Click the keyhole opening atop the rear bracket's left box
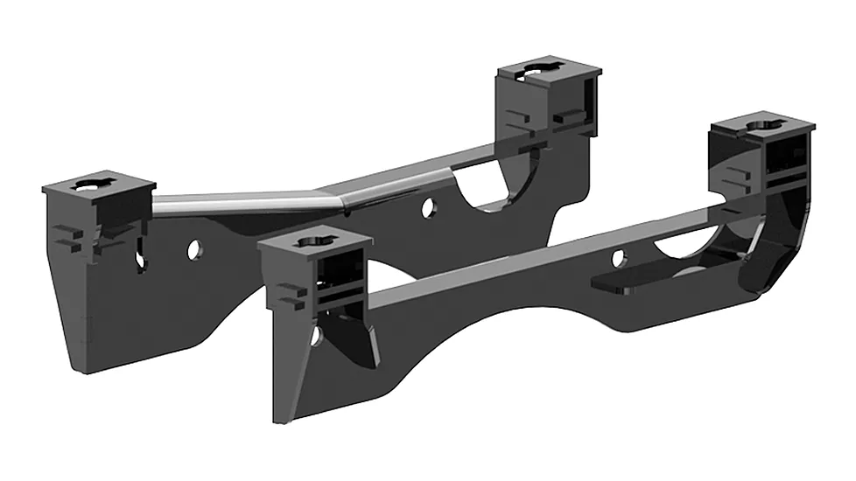91,185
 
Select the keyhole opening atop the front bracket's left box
313,240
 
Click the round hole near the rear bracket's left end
193,250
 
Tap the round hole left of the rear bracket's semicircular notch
428,208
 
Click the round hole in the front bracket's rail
618,258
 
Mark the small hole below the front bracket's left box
317,335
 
